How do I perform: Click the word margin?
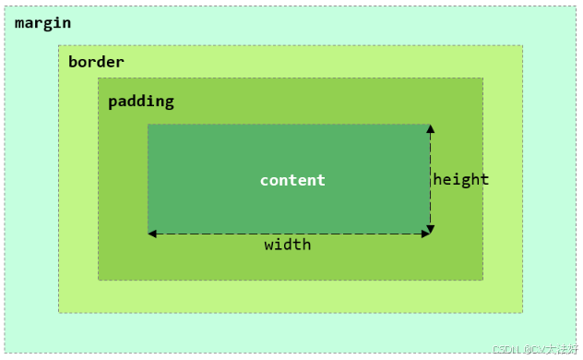click(x=42, y=22)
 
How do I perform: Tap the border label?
click(x=96, y=62)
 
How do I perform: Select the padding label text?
click(x=140, y=102)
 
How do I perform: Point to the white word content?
click(x=292, y=180)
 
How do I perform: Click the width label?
click(x=288, y=245)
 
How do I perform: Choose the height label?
click(x=461, y=179)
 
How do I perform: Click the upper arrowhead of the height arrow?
click(x=430, y=129)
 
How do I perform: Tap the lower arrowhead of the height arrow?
click(x=430, y=228)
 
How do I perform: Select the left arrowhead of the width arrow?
click(x=152, y=234)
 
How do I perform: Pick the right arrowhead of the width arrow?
click(x=425, y=234)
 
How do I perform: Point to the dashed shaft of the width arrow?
click(x=288, y=234)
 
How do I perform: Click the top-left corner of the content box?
click(x=148, y=125)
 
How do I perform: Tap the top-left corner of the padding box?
click(x=99, y=78)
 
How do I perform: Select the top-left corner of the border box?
click(x=58, y=45)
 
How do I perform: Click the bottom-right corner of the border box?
click(x=523, y=312)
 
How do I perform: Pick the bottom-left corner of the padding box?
click(x=99, y=279)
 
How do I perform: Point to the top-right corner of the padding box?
click(x=482, y=78)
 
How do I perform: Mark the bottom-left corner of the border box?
click(x=58, y=312)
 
